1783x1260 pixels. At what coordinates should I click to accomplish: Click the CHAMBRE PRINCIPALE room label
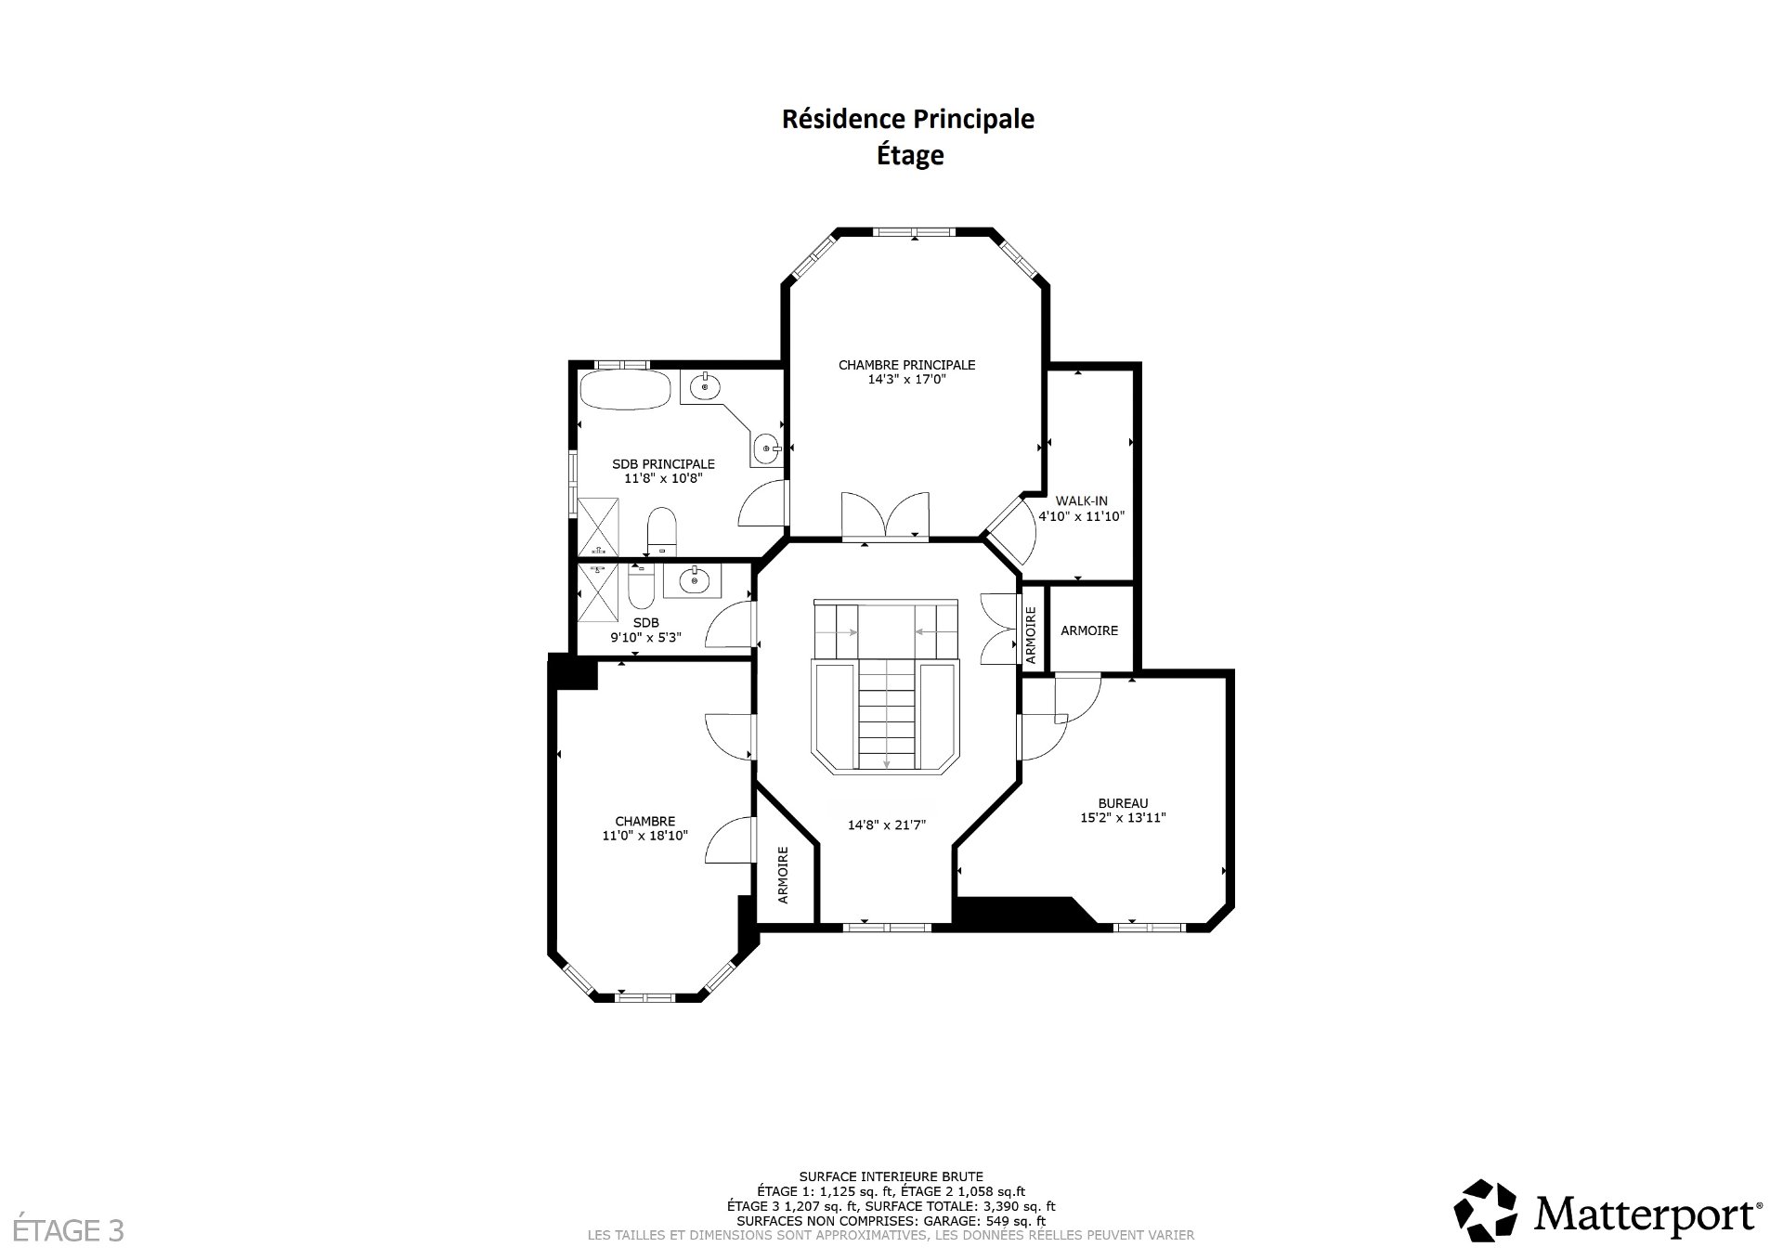906,365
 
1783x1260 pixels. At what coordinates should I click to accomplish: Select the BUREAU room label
1123,803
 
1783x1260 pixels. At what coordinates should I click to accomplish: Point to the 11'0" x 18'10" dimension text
644,836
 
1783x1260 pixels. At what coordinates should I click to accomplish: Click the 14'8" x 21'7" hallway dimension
887,825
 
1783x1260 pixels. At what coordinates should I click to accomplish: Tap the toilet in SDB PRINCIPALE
662,530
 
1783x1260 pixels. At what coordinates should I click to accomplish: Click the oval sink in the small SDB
695,581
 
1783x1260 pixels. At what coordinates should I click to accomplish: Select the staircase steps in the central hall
887,713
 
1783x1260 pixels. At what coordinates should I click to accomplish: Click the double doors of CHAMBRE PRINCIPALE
886,514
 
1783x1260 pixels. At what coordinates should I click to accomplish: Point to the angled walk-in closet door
1010,532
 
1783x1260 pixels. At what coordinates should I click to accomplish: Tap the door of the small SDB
730,624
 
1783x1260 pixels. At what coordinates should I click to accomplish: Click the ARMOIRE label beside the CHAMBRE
783,875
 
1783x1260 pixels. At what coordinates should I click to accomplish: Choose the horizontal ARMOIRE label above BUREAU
1089,630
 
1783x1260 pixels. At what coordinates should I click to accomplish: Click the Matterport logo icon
1485,1212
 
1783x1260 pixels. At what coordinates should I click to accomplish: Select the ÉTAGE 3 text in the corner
62,1231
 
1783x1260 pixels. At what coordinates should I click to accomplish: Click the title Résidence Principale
908,119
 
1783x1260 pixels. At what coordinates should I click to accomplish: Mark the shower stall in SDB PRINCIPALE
598,526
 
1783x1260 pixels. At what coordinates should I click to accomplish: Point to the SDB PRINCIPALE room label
663,463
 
